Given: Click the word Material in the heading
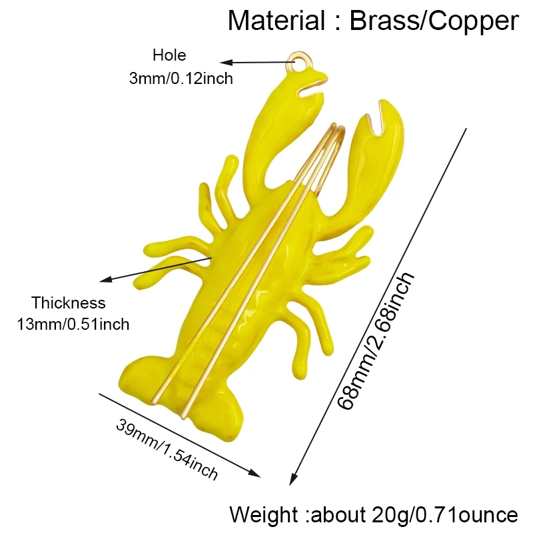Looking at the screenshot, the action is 276,21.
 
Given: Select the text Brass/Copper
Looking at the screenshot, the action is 434,21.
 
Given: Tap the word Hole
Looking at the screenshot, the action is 169,55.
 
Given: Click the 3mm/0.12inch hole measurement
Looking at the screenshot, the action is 181,79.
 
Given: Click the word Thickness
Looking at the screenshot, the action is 69,302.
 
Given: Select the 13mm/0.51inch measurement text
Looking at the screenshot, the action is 73,324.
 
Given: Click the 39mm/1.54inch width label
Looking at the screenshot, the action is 167,449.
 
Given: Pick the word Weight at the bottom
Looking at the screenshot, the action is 263,514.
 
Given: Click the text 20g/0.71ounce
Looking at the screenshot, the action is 445,515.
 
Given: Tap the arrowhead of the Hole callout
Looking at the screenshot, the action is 226,63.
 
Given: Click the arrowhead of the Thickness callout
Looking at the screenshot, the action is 105,280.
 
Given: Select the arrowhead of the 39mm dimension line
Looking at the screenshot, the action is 255,473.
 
